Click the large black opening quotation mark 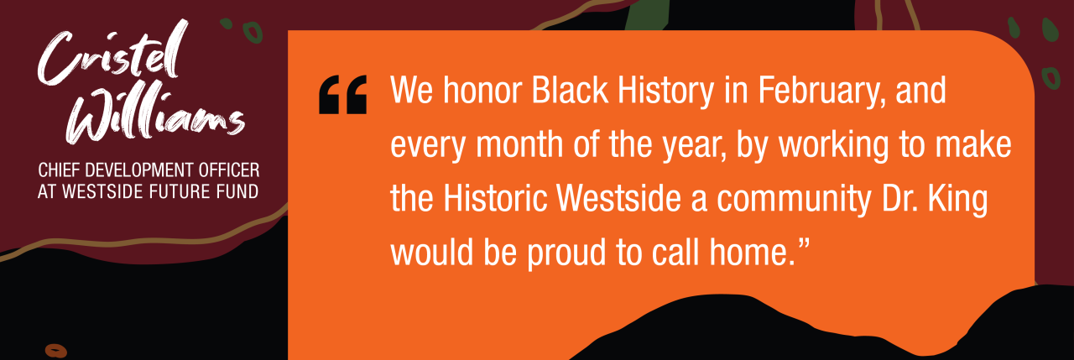coord(343,95)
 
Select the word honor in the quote coord(482,90)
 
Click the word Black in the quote coord(570,90)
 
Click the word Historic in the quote coord(495,198)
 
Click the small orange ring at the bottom coord(55,351)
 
